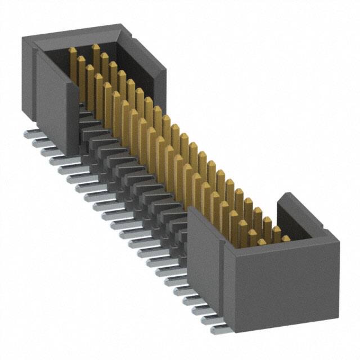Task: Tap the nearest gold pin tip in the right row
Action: point(286,239)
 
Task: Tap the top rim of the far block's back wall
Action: point(73,30)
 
